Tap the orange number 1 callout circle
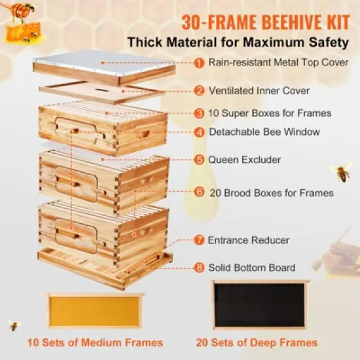pyautogui.click(x=198, y=63)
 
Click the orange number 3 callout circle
pyautogui.click(x=198, y=113)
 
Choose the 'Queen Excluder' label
pyautogui.click(x=245, y=159)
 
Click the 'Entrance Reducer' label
pyautogui.click(x=248, y=240)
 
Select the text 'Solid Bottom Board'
pyautogui.click(x=252, y=267)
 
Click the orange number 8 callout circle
pyautogui.click(x=198, y=267)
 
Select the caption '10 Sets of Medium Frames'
pyautogui.click(x=95, y=342)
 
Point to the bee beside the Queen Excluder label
pyautogui.click(x=342, y=172)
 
